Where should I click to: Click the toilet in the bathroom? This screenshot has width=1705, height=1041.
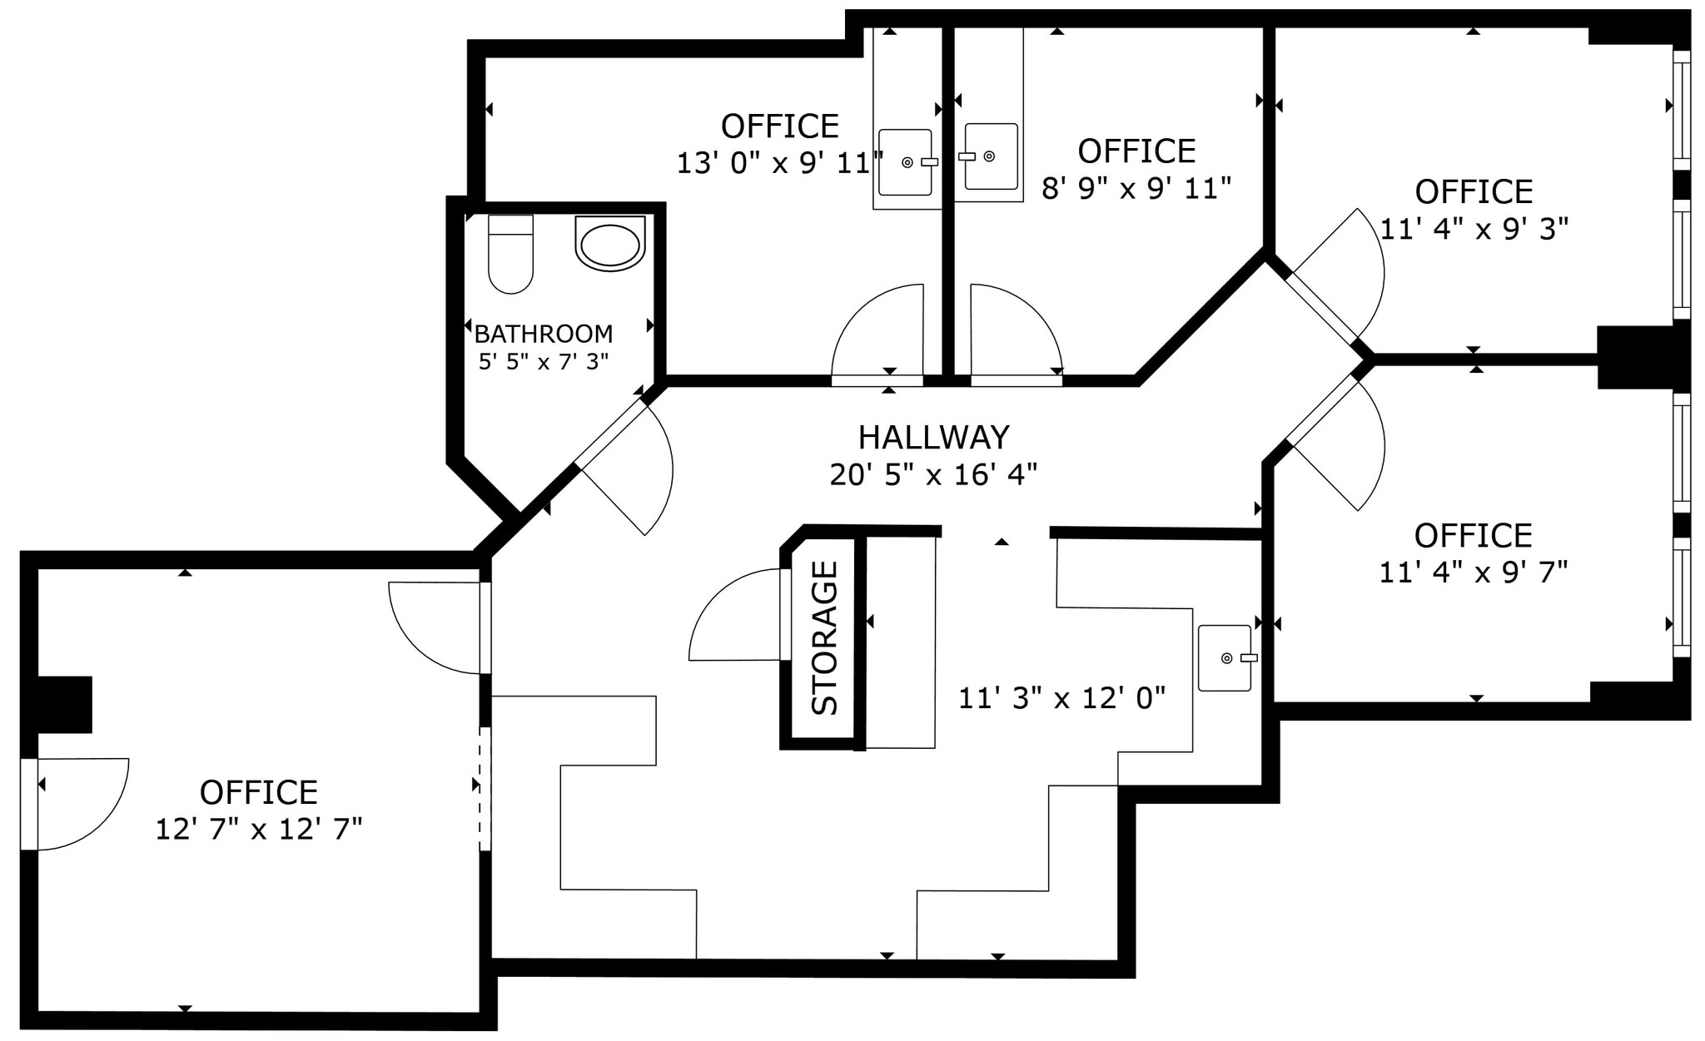(x=510, y=254)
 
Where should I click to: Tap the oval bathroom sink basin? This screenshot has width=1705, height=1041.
(x=610, y=244)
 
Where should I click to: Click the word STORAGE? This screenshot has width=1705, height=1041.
(x=825, y=638)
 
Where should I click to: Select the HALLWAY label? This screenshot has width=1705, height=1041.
(x=933, y=438)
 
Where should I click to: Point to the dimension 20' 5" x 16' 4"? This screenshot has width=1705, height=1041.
(x=933, y=475)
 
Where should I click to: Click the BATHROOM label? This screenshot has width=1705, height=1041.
(x=543, y=335)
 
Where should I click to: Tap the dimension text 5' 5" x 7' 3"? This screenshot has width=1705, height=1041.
(x=543, y=362)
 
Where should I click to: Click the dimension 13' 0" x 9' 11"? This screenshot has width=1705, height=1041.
(x=779, y=164)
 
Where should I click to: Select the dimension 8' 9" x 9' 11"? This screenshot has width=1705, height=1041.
(x=1136, y=189)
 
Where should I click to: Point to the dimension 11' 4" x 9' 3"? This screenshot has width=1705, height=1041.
(x=1474, y=229)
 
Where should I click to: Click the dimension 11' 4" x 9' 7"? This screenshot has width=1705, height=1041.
(x=1474, y=573)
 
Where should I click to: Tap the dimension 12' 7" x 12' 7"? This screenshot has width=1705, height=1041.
(x=259, y=830)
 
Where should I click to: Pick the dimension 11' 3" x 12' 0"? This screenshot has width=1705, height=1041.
(x=1061, y=698)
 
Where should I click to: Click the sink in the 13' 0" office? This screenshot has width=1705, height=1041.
(x=906, y=162)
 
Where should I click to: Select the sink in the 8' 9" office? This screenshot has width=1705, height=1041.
(x=991, y=156)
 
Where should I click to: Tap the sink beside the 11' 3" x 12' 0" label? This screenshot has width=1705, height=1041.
(x=1225, y=658)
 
